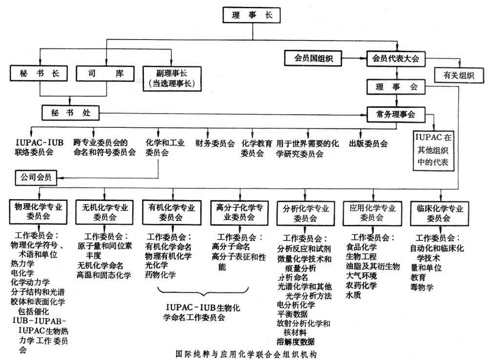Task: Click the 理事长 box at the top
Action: tap(253, 15)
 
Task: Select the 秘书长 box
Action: tap(40, 75)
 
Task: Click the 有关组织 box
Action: tap(459, 76)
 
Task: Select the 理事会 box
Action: tap(397, 87)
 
